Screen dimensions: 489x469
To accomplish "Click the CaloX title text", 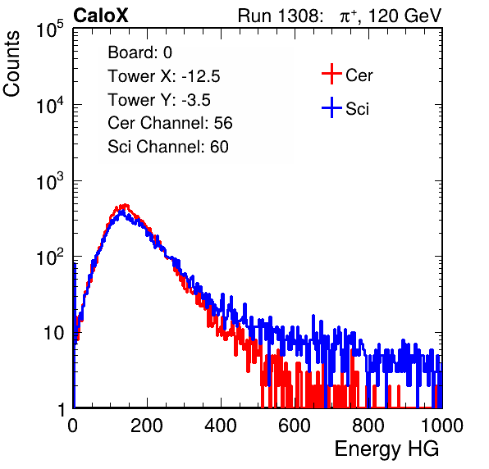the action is tap(101, 16).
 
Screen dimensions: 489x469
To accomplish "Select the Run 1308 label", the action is tap(279, 16).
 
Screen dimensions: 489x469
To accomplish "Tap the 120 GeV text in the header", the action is tap(404, 16).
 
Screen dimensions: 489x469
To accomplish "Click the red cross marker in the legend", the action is tap(331, 74).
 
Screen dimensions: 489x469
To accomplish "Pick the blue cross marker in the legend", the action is tap(331, 108).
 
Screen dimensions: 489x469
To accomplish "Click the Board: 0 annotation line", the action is tap(139, 52).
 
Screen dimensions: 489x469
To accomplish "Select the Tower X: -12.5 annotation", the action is tap(164, 76).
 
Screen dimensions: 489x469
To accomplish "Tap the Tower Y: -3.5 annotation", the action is tap(159, 100).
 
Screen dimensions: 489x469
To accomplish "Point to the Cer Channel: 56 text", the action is tap(170, 123).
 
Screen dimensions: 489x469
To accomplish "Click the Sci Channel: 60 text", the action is tap(168, 147).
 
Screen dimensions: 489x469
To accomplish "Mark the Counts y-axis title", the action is tap(11, 64).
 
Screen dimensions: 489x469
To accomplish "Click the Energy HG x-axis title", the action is tap(386, 449).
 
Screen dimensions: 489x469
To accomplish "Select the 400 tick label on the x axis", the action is tap(221, 426).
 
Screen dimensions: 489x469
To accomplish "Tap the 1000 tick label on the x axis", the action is tap(442, 426).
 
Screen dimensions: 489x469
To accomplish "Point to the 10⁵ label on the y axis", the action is tap(49, 30).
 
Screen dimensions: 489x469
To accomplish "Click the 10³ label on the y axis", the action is tap(49, 181).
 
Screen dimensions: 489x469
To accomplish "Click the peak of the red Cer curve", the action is tap(126, 205).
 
